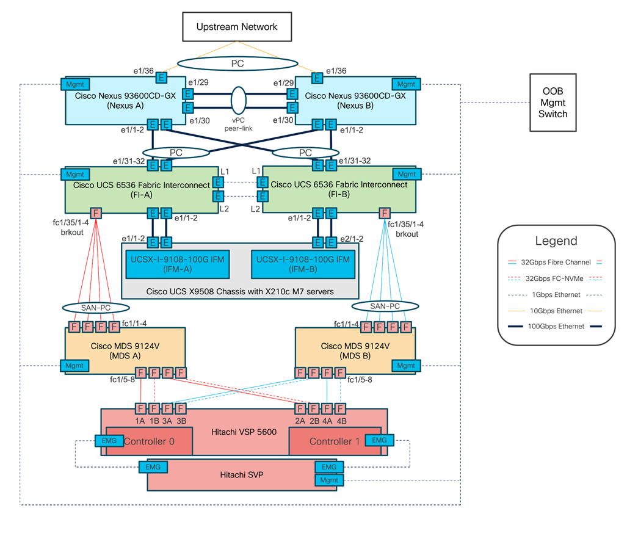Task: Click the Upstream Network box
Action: coord(236,27)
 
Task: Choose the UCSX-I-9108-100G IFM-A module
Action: coord(176,264)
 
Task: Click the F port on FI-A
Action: coord(96,213)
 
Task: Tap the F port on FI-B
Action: coord(385,213)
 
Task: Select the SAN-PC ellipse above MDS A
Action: coord(96,307)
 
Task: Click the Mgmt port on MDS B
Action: coord(405,366)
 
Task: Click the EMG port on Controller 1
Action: coord(379,440)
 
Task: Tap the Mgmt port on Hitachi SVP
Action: coord(329,480)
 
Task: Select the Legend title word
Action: coord(555,241)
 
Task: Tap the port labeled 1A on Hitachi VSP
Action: coord(140,408)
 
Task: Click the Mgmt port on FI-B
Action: coord(406,174)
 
